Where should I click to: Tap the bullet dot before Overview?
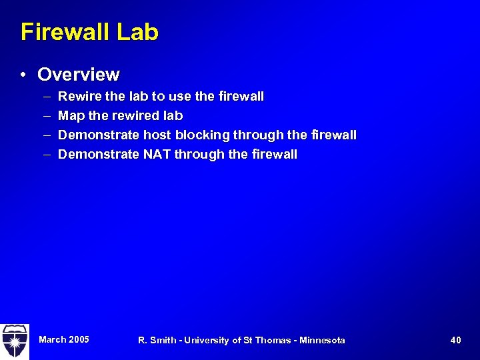tap(23, 75)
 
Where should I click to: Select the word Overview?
tap(79, 75)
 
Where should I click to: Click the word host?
tap(156, 135)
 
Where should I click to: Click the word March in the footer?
tap(52, 339)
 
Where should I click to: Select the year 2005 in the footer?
tap(78, 339)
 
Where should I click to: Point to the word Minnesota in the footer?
tap(322, 341)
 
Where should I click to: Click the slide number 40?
tap(455, 341)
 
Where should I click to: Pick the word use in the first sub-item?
tap(183, 97)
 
